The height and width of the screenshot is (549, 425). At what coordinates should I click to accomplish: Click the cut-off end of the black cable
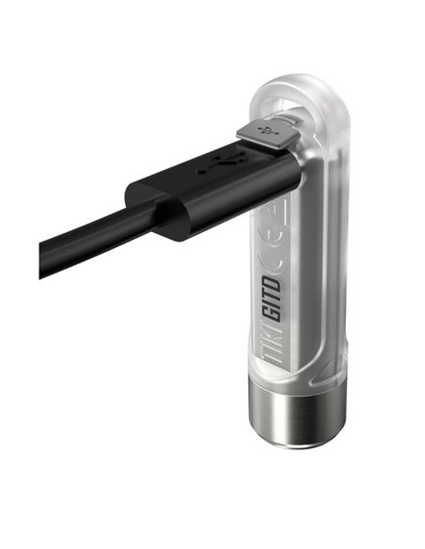pyautogui.click(x=45, y=259)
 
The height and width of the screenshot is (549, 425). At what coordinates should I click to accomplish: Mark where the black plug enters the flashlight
pyautogui.click(x=291, y=169)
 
